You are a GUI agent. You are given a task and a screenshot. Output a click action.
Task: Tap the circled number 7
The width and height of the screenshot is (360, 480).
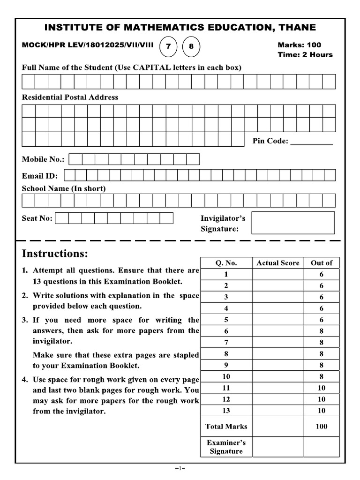[x=168, y=46]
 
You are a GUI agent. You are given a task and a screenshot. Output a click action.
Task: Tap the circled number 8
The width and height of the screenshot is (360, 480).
[x=191, y=46]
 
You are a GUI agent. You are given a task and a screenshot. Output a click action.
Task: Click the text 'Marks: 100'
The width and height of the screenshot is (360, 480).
[x=300, y=45]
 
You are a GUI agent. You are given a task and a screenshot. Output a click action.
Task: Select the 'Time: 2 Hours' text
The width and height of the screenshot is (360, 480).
[x=305, y=54]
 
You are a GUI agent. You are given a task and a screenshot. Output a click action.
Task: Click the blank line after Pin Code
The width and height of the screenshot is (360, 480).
[x=312, y=142]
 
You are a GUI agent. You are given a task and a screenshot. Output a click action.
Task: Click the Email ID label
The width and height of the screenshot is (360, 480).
[x=40, y=176]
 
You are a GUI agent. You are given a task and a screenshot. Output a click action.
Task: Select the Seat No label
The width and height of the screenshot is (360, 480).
[x=37, y=218]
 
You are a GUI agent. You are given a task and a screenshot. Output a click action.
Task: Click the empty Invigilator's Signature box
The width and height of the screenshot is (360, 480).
[x=293, y=223]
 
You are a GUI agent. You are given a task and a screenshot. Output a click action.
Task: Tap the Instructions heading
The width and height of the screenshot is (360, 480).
[x=55, y=254]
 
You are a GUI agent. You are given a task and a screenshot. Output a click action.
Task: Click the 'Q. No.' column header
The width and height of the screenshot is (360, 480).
[x=226, y=263]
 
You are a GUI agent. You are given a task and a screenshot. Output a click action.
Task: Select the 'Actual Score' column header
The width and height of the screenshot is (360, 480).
[x=277, y=263]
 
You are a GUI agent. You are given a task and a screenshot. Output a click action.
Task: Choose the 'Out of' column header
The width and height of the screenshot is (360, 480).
[x=322, y=263]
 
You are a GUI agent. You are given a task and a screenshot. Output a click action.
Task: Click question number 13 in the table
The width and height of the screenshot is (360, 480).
[x=226, y=411]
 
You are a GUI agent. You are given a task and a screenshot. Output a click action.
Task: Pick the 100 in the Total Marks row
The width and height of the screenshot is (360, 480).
[x=322, y=427]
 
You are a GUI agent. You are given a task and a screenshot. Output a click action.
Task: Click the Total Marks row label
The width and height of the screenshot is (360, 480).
[x=226, y=427]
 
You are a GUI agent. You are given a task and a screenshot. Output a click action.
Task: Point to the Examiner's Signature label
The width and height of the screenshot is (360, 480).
[x=226, y=447]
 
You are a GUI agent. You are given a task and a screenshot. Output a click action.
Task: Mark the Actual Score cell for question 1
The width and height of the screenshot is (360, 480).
[x=277, y=275]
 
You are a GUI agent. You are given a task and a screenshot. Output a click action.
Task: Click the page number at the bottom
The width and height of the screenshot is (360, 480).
[x=180, y=468]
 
